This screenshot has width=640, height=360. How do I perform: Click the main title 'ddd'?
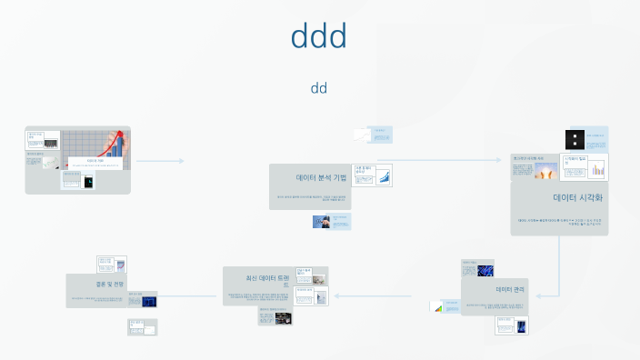click(x=319, y=36)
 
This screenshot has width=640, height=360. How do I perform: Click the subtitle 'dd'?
click(x=319, y=88)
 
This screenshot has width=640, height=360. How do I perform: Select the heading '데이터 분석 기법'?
click(x=321, y=178)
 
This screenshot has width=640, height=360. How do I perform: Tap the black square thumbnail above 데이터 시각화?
click(x=574, y=140)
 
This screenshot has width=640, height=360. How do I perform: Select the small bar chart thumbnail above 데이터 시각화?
click(x=598, y=169)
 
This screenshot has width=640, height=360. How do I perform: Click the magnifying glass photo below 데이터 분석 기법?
click(x=322, y=221)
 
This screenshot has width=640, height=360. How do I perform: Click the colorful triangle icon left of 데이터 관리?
click(x=437, y=307)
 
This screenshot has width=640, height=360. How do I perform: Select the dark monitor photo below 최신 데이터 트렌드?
click(x=284, y=318)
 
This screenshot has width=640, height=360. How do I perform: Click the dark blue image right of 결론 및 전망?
click(x=149, y=301)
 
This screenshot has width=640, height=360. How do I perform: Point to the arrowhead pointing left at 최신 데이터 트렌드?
click(x=336, y=295)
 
